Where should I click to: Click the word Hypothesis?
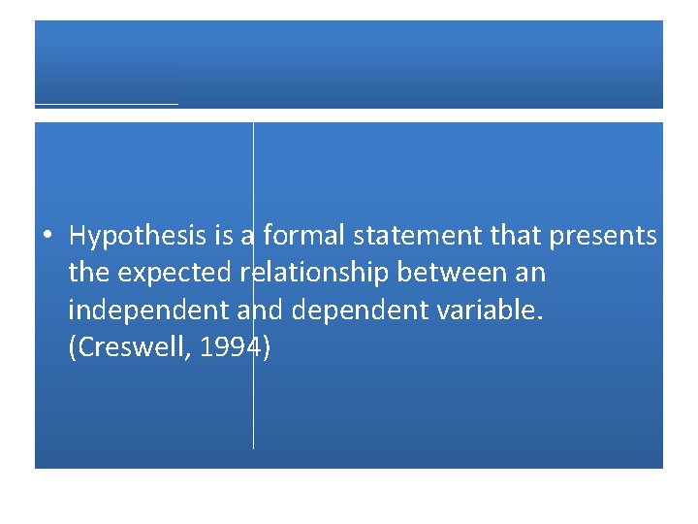(x=132, y=236)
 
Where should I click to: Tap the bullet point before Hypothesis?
(x=46, y=236)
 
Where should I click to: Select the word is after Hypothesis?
(x=214, y=236)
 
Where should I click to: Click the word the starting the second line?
(x=89, y=274)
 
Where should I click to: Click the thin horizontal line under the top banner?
(x=107, y=103)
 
